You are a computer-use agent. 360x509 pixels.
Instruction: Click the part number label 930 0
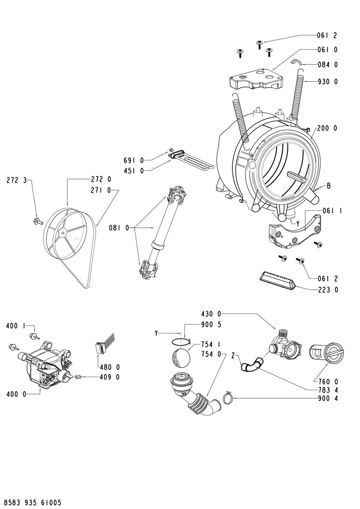pos(327,81)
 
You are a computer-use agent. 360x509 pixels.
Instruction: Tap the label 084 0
pos(327,65)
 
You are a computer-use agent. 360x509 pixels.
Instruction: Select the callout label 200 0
pos(327,129)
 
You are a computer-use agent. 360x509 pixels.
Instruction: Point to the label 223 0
pos(328,290)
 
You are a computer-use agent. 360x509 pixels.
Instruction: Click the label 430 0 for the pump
pos(211,314)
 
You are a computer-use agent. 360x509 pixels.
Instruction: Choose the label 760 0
pos(328,381)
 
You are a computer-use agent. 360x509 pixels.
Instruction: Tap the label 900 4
pos(328,398)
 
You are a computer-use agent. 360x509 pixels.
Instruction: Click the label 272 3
pos(17,181)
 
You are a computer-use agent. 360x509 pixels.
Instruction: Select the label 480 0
pos(109,367)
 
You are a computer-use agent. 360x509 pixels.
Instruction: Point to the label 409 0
pos(109,377)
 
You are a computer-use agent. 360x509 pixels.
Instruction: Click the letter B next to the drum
pos(329,186)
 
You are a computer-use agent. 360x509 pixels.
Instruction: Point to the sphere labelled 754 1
pos(181,358)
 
